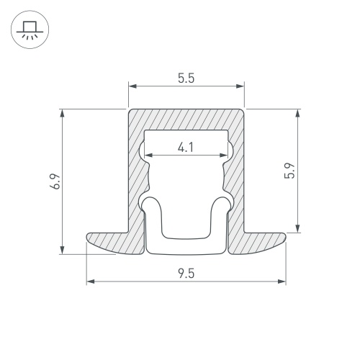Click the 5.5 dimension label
click(186, 78)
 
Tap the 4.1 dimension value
click(186, 147)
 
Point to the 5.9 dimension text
click(289, 171)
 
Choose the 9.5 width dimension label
click(186, 274)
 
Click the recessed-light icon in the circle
click(30, 30)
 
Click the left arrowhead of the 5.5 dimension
click(132, 86)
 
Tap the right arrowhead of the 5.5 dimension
click(240, 86)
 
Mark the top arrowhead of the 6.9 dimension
click(63, 113)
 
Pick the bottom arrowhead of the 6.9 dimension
click(63, 250)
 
